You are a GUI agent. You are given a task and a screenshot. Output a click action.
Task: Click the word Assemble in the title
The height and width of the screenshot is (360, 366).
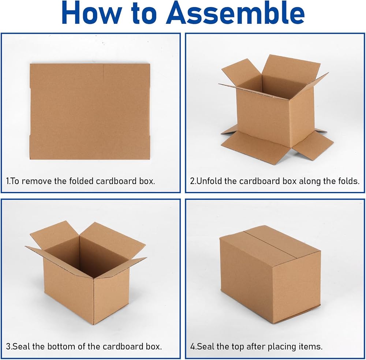[235, 13]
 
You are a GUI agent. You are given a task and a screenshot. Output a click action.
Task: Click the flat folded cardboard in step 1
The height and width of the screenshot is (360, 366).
[90, 111]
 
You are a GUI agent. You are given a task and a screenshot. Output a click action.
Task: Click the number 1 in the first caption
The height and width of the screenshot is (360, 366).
[7, 181]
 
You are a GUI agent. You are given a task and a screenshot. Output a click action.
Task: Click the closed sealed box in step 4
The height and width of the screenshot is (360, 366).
[270, 274]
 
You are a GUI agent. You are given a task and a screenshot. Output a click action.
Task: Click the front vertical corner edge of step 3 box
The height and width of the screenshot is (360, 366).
[94, 301]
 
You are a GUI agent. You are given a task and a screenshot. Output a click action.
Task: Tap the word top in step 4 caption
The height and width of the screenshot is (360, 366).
[238, 347]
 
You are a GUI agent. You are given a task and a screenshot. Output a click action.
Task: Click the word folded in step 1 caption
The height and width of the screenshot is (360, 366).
[82, 181]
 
